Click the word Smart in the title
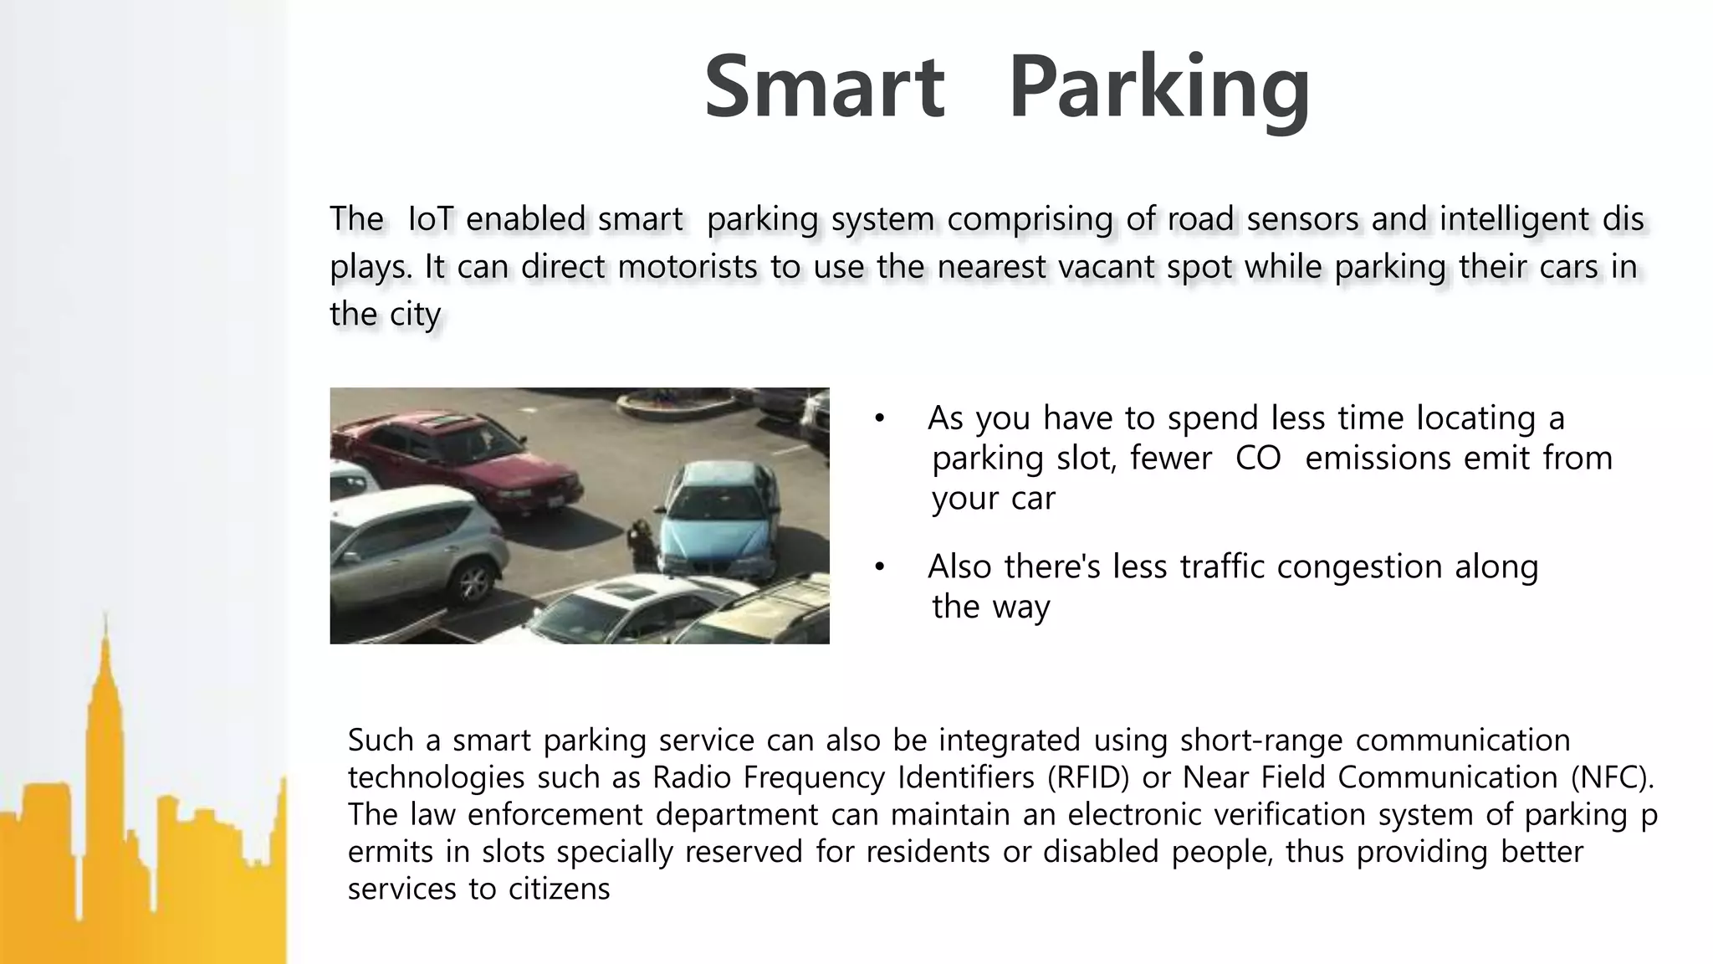tap(824, 87)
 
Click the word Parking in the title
tap(1159, 89)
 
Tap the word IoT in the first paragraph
tap(430, 219)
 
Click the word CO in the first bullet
tap(1258, 458)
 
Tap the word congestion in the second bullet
tap(1359, 567)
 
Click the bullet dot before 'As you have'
tap(879, 418)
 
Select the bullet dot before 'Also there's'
tap(879, 567)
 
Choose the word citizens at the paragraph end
tap(560, 888)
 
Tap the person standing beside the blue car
tap(642, 542)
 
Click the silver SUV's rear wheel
tap(473, 582)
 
